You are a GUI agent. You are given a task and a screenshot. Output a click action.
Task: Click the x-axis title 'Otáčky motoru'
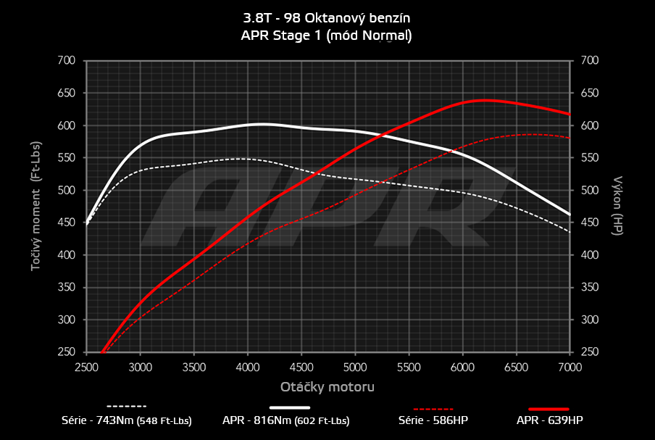(x=327, y=387)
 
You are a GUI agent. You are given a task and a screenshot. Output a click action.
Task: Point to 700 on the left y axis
(x=66, y=61)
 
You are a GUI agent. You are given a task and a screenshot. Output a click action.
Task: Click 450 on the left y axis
(x=66, y=223)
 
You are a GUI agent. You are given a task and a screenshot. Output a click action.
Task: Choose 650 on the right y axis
(x=590, y=94)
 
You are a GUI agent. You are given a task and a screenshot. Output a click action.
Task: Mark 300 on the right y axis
(x=590, y=320)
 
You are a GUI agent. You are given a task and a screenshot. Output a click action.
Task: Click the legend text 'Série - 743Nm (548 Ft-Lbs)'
(x=127, y=420)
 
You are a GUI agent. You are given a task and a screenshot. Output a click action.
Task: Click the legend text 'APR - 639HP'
(x=549, y=420)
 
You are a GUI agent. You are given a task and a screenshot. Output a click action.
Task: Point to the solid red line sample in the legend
(x=548, y=409)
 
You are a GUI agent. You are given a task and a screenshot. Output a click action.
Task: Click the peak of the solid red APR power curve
(x=483, y=100)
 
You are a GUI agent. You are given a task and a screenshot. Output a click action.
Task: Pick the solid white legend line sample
(x=295, y=407)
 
